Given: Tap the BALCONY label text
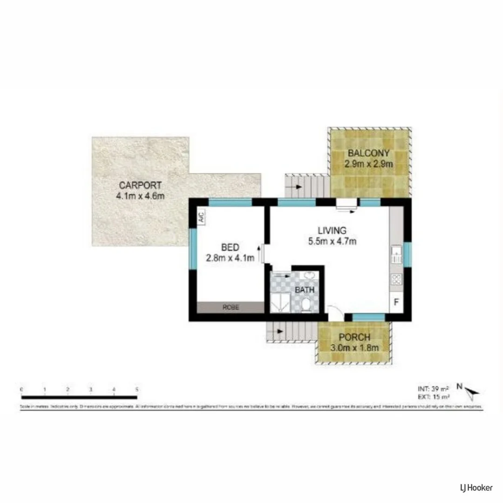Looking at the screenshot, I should [x=368, y=153].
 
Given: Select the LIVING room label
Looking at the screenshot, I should [x=332, y=230].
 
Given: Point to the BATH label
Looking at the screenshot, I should [x=304, y=290].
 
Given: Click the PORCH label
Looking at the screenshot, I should [x=354, y=337].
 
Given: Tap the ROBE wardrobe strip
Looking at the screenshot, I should [x=230, y=307].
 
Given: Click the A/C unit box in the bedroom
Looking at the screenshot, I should [x=202, y=217].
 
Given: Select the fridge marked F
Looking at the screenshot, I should [x=396, y=301].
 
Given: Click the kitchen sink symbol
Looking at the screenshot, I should [x=397, y=256].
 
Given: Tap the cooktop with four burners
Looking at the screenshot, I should [x=397, y=279].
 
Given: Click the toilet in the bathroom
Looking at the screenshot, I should [x=306, y=305].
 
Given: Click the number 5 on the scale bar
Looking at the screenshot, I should [x=137, y=389].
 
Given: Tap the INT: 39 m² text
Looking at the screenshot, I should [x=433, y=388].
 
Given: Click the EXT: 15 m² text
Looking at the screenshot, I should [x=433, y=396].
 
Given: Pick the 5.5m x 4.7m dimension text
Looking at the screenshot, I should [x=332, y=241].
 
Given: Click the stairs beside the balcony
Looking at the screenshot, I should [x=307, y=186].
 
